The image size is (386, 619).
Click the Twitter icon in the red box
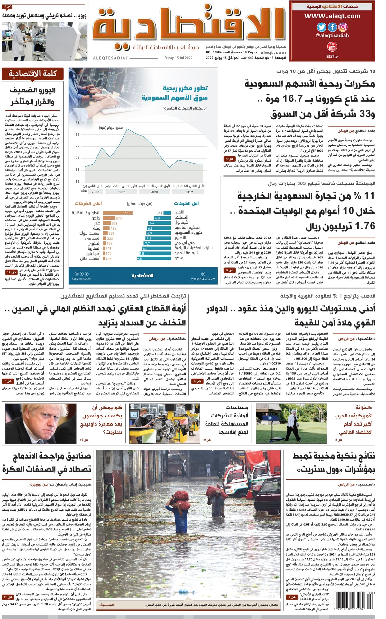(x=322, y=27)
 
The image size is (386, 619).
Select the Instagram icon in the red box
(x=343, y=27)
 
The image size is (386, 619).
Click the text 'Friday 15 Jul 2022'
(x=178, y=58)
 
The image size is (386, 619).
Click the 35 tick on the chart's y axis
(x=77, y=123)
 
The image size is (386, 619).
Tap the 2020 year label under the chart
(x=154, y=192)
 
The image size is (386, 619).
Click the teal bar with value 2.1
(x=167, y=213)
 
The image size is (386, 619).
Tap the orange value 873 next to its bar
(x=119, y=218)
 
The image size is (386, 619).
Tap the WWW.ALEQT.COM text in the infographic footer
(x=203, y=279)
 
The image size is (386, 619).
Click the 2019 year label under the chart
(x=189, y=192)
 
